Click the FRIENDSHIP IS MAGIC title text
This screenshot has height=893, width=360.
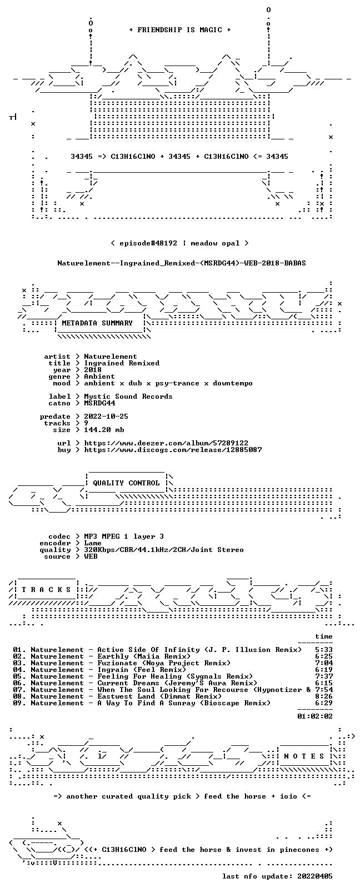[180, 30]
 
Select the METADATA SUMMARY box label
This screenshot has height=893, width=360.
[97, 323]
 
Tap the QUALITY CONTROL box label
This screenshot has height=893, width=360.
[126, 483]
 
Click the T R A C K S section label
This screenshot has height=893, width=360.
[46, 590]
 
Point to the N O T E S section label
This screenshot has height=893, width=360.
[304, 756]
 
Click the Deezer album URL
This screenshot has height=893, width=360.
[166, 443]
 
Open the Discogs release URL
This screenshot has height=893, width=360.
[173, 450]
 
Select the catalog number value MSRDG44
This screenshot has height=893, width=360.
[99, 403]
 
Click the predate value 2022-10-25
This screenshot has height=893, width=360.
[106, 416]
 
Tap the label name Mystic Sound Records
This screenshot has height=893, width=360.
[128, 397]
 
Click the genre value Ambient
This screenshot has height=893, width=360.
[99, 377]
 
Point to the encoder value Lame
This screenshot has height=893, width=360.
[92, 543]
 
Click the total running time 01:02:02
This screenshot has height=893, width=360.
[315, 716]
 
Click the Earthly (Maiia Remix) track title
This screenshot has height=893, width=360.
[144, 656]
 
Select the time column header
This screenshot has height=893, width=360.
[324, 636]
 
